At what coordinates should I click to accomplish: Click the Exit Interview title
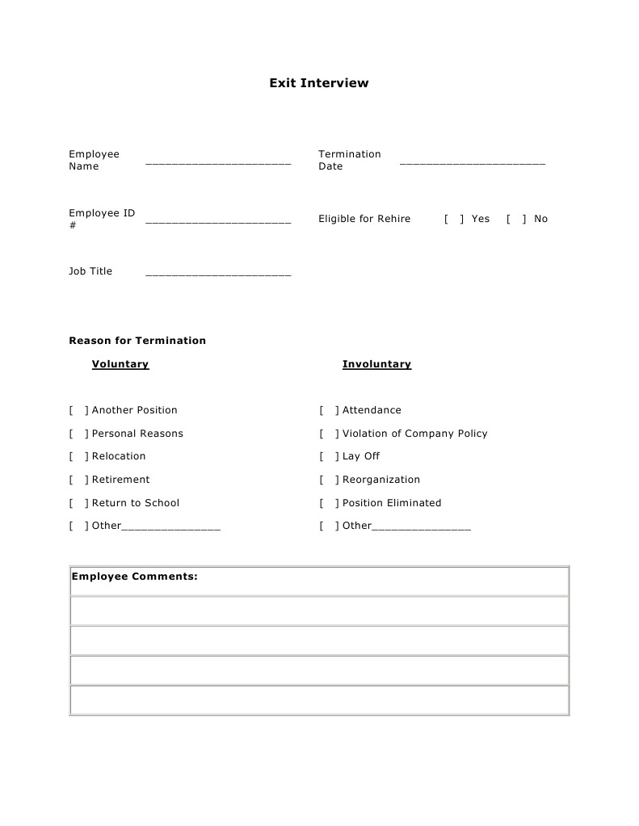319,82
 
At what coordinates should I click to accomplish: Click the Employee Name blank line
218,162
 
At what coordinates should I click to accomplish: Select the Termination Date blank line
473,162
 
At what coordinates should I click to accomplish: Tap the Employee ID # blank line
218,220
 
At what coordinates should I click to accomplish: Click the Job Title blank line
218,274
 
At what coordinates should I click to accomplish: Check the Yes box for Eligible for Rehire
454,219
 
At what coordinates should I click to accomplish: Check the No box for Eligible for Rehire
516,219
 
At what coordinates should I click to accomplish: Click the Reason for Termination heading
137,341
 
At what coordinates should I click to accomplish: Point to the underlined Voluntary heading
120,364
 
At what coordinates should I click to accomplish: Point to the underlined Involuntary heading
376,364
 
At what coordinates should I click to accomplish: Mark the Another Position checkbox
79,410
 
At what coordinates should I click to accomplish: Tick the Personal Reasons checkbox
79,434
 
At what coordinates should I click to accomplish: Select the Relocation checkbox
79,456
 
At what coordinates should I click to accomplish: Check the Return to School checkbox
79,503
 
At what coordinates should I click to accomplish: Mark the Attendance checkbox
330,410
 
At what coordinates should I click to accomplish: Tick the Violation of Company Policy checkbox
330,434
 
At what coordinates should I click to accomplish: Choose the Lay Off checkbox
330,456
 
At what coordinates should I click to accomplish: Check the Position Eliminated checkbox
330,503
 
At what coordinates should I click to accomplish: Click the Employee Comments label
135,577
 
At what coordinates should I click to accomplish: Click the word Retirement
121,480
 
